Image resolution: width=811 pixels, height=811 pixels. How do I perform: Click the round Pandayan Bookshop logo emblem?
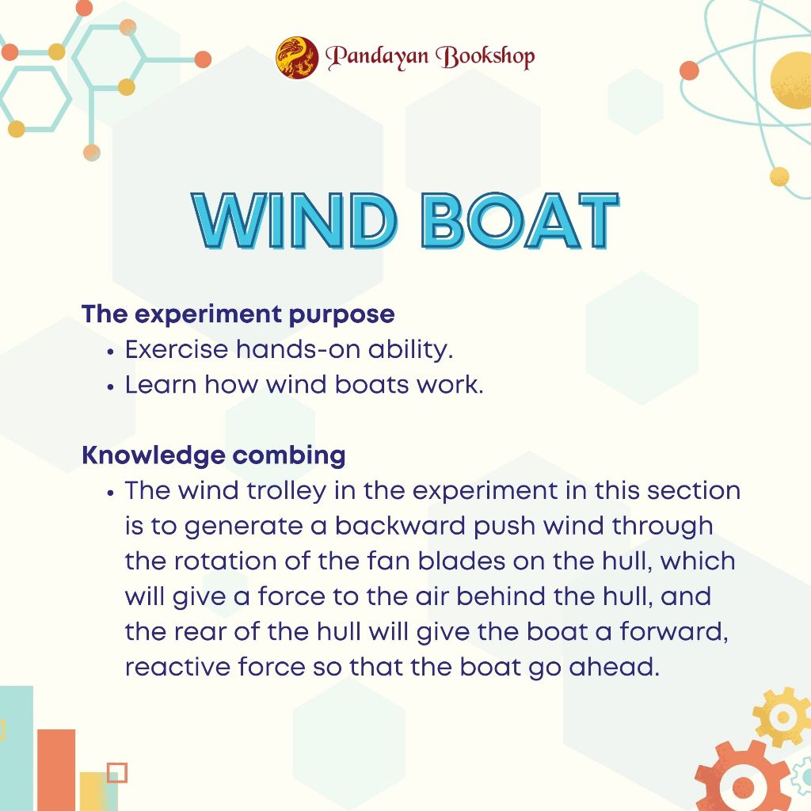297,57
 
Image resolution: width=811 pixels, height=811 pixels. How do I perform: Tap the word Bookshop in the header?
485,56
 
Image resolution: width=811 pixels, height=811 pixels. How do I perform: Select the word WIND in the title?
295,221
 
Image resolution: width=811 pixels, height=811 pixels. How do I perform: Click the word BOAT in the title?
520,221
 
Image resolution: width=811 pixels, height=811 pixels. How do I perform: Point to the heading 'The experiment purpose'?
238,314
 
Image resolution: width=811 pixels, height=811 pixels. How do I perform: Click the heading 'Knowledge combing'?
214,455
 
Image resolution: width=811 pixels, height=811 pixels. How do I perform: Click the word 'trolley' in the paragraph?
287,491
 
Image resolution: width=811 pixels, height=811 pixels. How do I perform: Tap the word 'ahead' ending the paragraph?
614,667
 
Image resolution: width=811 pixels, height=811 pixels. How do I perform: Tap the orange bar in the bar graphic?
56,770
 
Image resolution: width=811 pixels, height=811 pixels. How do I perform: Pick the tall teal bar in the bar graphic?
17,748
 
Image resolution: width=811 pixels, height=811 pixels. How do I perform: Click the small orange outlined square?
117,773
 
